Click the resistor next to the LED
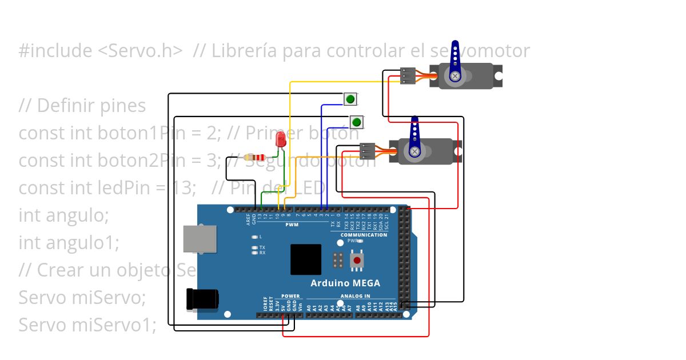point(254,157)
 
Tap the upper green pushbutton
point(350,99)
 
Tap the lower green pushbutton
point(357,122)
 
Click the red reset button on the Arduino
point(357,260)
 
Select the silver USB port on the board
point(200,238)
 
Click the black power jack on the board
point(203,299)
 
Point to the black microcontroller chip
point(306,259)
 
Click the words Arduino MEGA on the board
point(345,283)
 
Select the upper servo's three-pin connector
point(408,76)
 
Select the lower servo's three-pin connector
point(367,150)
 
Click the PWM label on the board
point(292,225)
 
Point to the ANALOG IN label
point(356,296)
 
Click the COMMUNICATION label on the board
point(364,235)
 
